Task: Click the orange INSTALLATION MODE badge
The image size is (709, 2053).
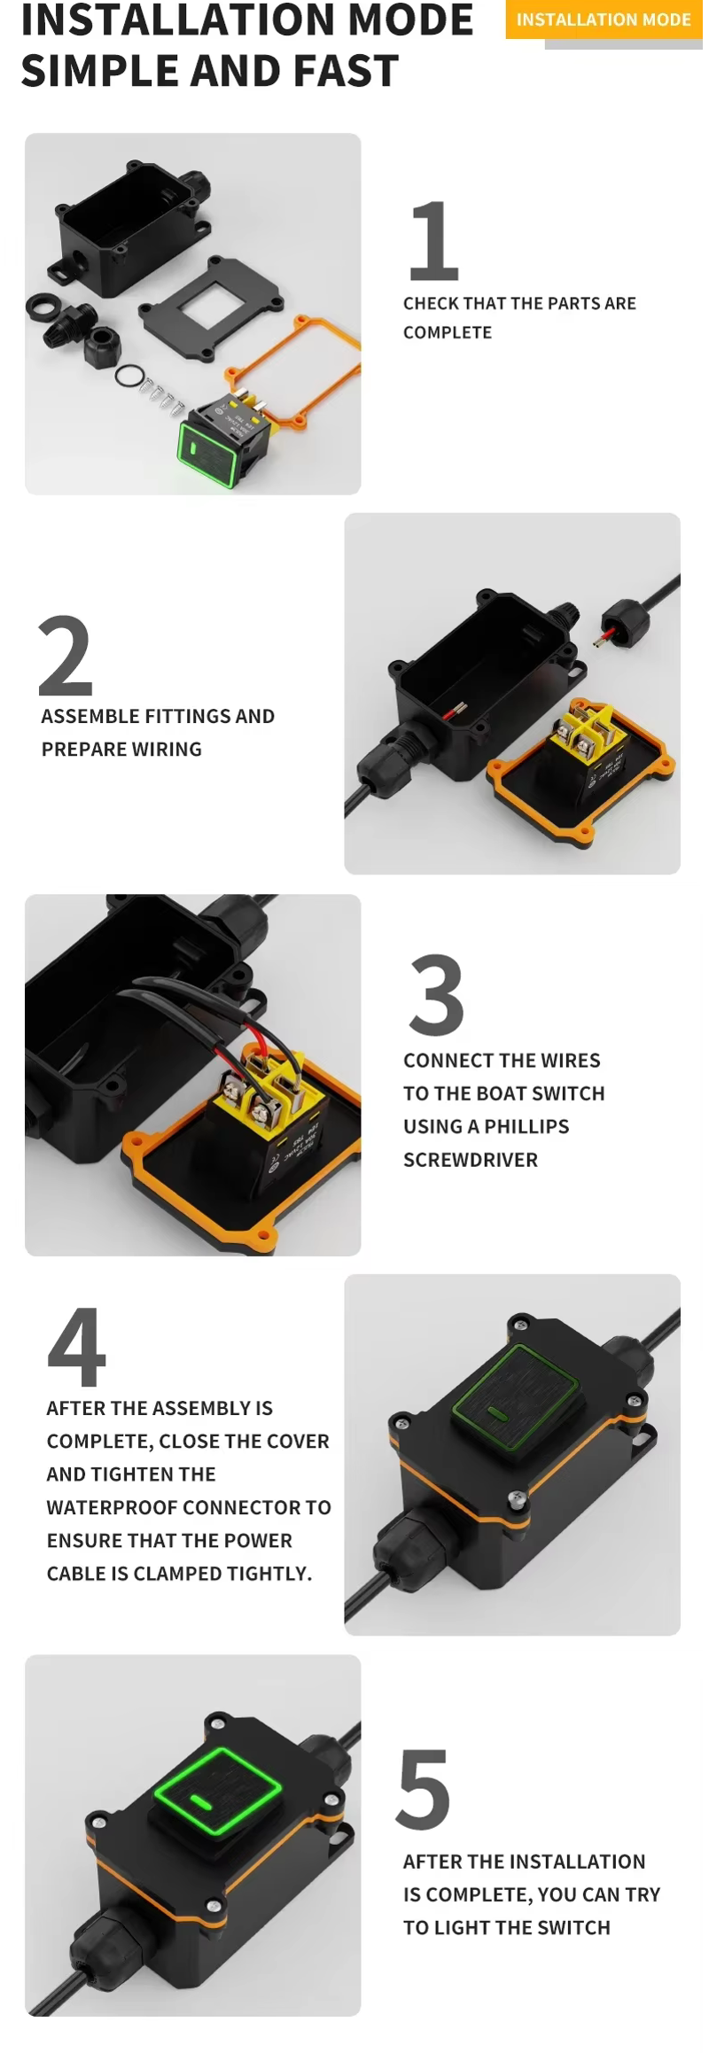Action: (x=603, y=19)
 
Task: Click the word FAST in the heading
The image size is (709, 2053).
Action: (x=347, y=71)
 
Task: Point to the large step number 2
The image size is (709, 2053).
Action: (x=66, y=655)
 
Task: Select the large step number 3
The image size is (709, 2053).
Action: (x=436, y=995)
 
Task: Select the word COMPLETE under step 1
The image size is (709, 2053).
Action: (x=448, y=332)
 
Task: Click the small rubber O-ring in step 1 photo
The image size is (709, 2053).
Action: (x=129, y=376)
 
